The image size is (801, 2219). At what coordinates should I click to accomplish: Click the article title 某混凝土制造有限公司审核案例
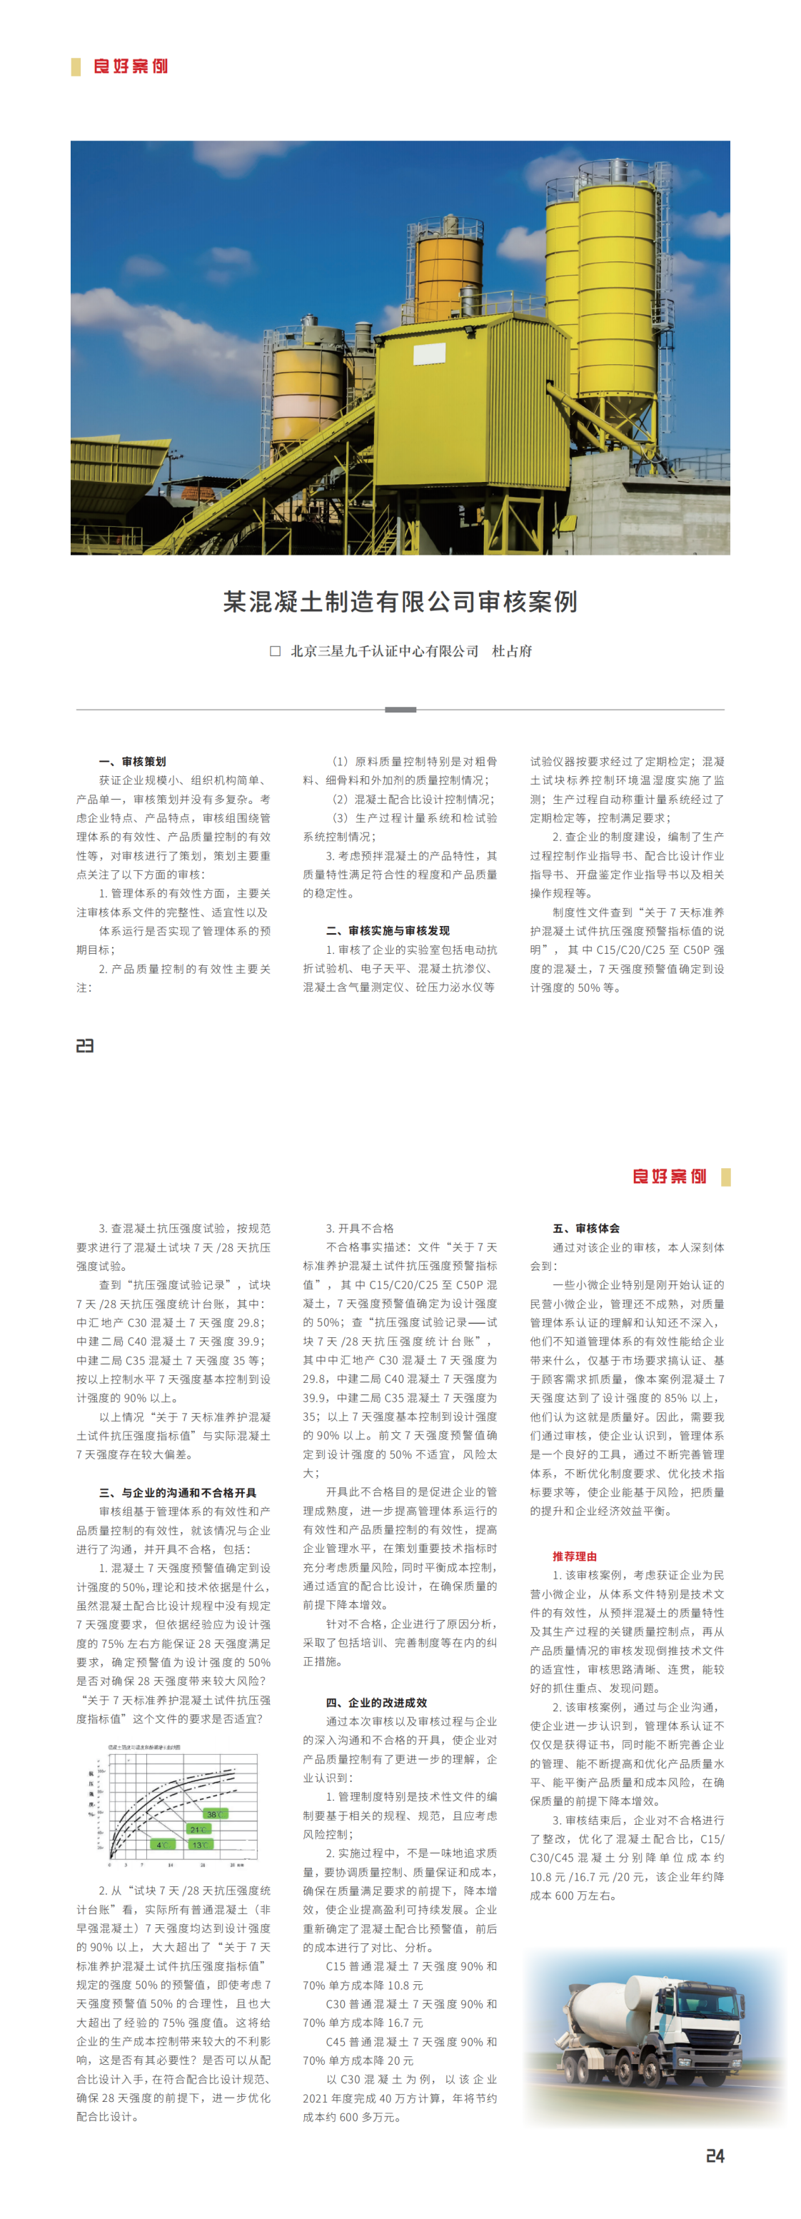click(400, 601)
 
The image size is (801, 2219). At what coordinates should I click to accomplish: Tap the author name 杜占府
click(512, 651)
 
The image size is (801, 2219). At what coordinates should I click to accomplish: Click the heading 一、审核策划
click(132, 762)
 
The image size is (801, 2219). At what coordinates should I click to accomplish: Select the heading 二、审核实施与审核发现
click(388, 930)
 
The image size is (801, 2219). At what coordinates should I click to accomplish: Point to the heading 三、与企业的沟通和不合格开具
click(178, 1493)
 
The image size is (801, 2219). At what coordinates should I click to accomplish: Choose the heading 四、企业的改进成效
click(376, 1702)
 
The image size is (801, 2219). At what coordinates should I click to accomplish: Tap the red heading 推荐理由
click(575, 1556)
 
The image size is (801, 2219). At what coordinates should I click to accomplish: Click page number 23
click(84, 1046)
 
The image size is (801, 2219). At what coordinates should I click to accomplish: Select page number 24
click(715, 2155)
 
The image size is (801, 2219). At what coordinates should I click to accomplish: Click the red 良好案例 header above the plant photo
click(130, 66)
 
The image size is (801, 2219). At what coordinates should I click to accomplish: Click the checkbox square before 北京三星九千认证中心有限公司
click(276, 651)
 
